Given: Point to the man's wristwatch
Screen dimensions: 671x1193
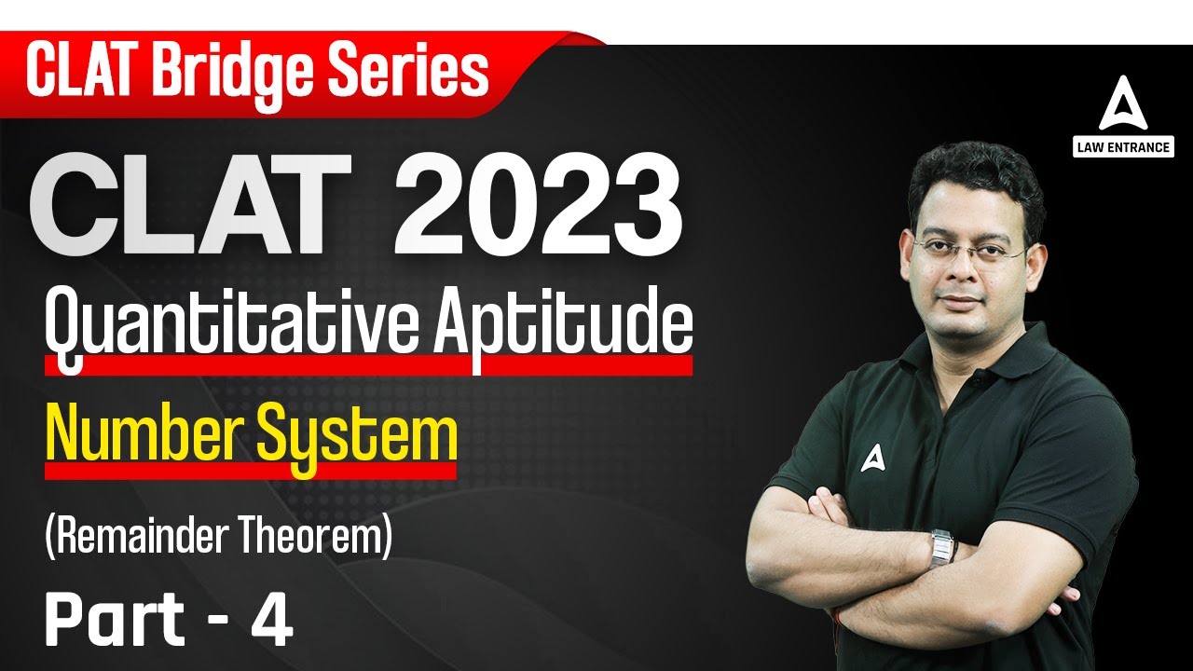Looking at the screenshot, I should (942, 547).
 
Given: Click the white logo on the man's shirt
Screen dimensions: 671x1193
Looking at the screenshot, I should (871, 458).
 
